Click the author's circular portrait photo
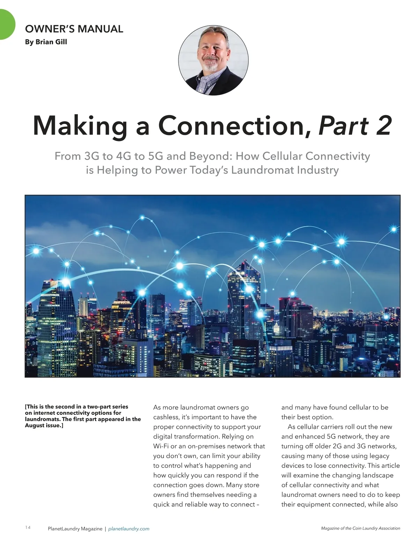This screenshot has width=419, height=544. point(213,60)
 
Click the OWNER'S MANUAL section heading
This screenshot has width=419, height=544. point(74,29)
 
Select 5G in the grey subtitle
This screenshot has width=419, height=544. point(156,156)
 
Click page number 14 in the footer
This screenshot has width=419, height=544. point(28,527)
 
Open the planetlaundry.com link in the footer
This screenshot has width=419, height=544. point(129,529)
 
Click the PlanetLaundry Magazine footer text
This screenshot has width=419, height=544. point(75,529)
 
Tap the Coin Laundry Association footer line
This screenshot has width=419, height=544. point(360,528)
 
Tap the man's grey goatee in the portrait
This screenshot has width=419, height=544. point(211,66)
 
